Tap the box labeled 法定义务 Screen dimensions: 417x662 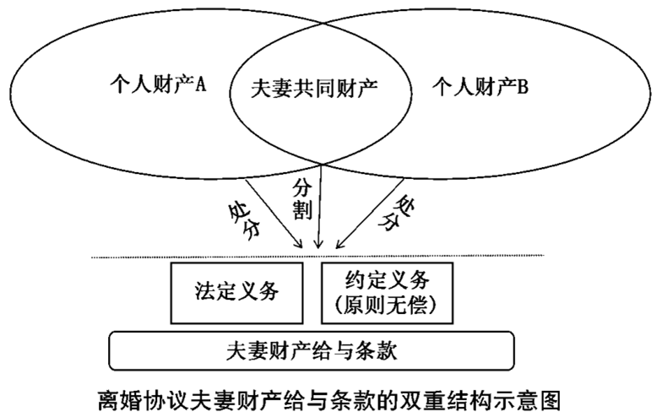[237, 292]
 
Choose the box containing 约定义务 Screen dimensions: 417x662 [388, 292]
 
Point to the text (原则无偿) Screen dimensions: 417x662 [388, 304]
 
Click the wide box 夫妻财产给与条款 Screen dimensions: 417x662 [312, 349]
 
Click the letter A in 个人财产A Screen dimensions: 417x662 [202, 85]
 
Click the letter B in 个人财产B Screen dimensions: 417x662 [524, 85]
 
